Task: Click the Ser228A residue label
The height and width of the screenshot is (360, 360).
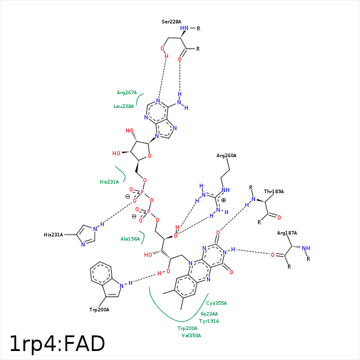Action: pyautogui.click(x=172, y=22)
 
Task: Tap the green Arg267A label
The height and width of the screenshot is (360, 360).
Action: pyautogui.click(x=127, y=92)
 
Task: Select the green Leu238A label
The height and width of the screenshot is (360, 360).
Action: pyautogui.click(x=124, y=106)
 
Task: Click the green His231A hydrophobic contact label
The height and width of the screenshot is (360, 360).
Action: pyautogui.click(x=109, y=181)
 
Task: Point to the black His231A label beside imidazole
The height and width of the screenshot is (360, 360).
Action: pyautogui.click(x=53, y=235)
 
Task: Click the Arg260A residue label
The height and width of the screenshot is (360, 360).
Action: pyautogui.click(x=227, y=155)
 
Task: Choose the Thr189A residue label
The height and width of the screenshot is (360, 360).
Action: pyautogui.click(x=274, y=191)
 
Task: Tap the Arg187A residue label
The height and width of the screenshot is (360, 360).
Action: pyautogui.click(x=287, y=233)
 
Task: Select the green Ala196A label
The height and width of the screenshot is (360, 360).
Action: pyautogui.click(x=130, y=239)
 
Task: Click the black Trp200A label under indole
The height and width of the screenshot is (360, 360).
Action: pyautogui.click(x=100, y=310)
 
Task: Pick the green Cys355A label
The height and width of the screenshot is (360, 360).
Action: pyautogui.click(x=217, y=303)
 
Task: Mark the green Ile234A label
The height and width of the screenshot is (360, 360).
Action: pyautogui.click(x=209, y=314)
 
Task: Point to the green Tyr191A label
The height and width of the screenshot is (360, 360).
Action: pyautogui.click(x=209, y=321)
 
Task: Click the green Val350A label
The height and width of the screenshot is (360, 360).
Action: pyautogui.click(x=191, y=335)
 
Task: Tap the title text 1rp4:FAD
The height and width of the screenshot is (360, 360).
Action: pyautogui.click(x=57, y=344)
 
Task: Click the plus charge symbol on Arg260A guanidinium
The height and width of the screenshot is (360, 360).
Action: pyautogui.click(x=224, y=200)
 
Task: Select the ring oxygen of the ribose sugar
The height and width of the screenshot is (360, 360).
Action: pyautogui.click(x=149, y=157)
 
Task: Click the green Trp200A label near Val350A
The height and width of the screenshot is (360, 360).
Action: pyautogui.click(x=187, y=328)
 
